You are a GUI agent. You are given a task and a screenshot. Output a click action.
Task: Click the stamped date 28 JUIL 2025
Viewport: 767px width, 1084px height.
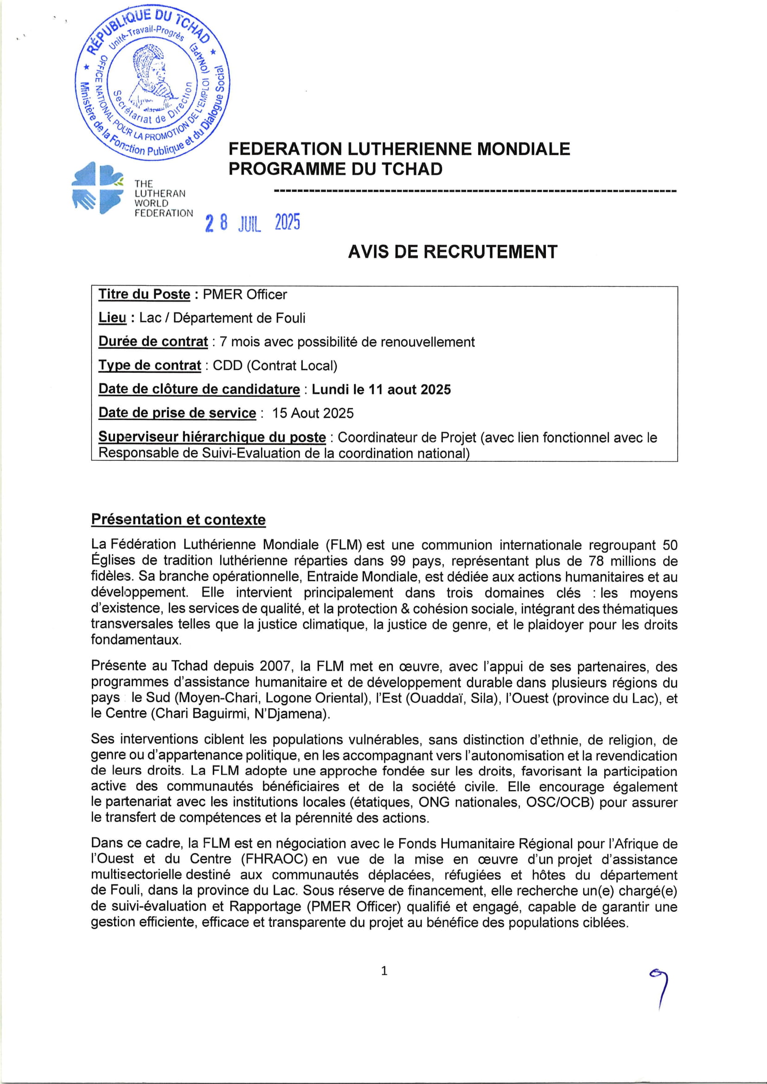click(x=253, y=223)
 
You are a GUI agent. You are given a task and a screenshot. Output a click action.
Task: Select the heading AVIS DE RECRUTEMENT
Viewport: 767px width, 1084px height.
click(x=453, y=252)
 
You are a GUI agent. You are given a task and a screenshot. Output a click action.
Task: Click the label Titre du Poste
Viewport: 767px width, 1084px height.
click(x=144, y=295)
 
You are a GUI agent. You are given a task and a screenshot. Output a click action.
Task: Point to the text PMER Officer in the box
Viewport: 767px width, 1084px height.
click(x=245, y=295)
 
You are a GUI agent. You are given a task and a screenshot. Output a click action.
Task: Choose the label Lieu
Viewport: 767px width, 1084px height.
click(x=112, y=318)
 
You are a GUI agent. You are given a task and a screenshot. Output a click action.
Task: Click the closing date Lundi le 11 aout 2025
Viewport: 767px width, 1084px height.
click(x=381, y=389)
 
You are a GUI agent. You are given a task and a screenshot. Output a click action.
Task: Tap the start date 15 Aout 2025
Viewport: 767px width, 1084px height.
click(x=313, y=413)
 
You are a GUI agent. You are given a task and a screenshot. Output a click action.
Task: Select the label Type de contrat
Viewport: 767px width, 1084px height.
click(x=150, y=365)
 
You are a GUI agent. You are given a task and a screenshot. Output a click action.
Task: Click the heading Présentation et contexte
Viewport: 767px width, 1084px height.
click(x=179, y=520)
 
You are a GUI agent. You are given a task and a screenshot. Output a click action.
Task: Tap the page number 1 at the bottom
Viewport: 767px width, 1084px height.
click(x=384, y=971)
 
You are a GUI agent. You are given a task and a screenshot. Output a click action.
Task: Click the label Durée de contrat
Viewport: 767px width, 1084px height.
click(x=153, y=342)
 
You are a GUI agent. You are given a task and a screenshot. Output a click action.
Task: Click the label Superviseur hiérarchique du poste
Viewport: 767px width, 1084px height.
click(x=211, y=437)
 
